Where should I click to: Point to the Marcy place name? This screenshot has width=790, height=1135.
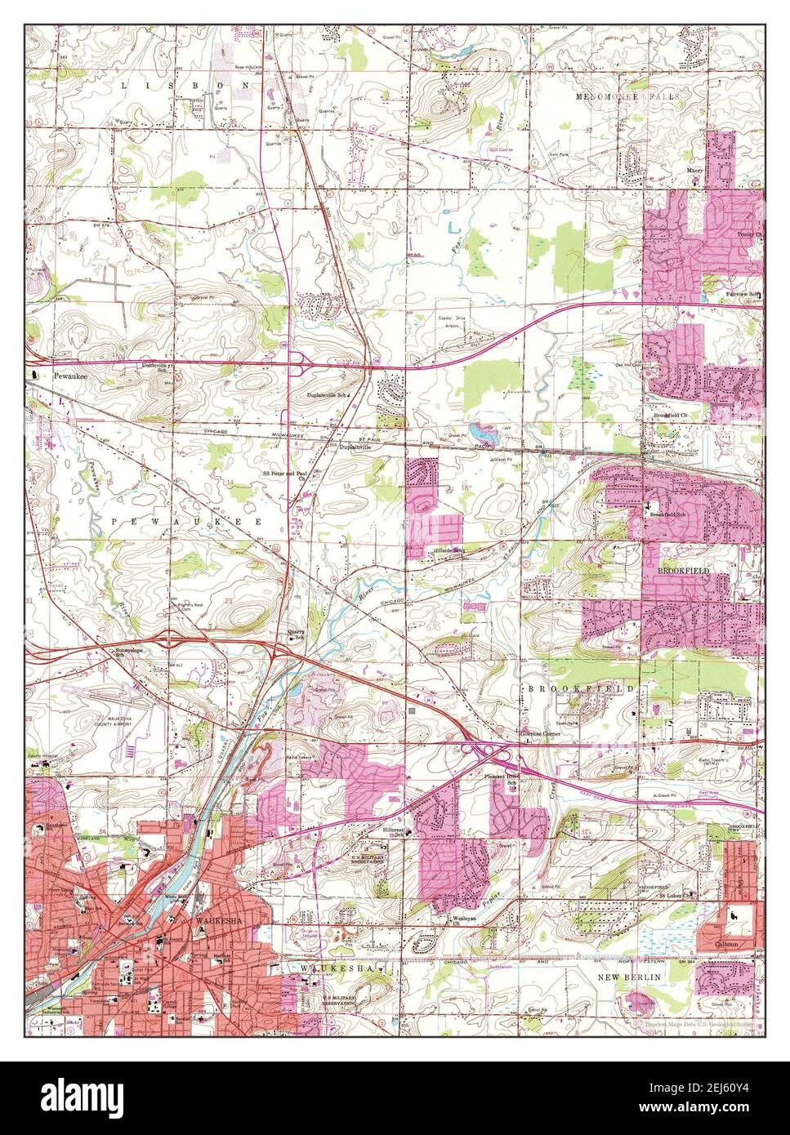point(695,171)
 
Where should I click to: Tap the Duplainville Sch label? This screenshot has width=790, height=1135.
point(328,395)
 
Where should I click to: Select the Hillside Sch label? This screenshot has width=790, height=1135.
point(448,550)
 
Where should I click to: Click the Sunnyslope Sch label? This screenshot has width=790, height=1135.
point(131,652)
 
